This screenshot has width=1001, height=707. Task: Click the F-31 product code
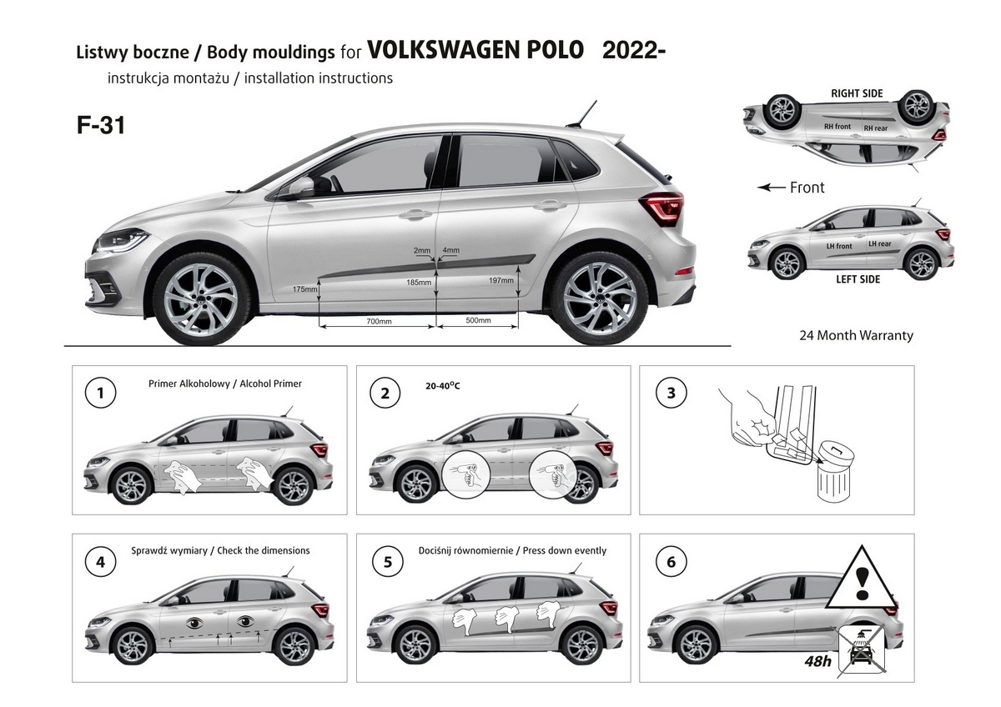click(x=101, y=125)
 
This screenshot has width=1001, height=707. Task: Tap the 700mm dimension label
click(x=379, y=322)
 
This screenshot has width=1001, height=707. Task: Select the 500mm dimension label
click(x=478, y=320)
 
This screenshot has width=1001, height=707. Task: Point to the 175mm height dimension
click(x=304, y=289)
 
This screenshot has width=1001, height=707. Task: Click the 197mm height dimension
click(x=501, y=280)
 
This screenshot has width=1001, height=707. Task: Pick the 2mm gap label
click(x=422, y=251)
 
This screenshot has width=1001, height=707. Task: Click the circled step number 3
click(x=672, y=393)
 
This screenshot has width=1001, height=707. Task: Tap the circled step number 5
click(x=387, y=562)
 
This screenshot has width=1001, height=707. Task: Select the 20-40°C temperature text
click(x=442, y=385)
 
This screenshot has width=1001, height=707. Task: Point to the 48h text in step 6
click(x=817, y=660)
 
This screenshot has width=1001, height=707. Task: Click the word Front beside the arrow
click(x=807, y=188)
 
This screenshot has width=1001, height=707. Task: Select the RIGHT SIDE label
click(x=857, y=93)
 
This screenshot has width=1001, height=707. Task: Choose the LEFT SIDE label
click(x=858, y=279)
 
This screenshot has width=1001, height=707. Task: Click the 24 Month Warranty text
click(x=856, y=335)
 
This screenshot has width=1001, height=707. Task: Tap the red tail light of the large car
click(x=662, y=208)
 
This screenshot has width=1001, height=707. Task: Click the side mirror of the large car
click(x=302, y=187)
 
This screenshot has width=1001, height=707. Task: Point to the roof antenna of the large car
click(x=583, y=114)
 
